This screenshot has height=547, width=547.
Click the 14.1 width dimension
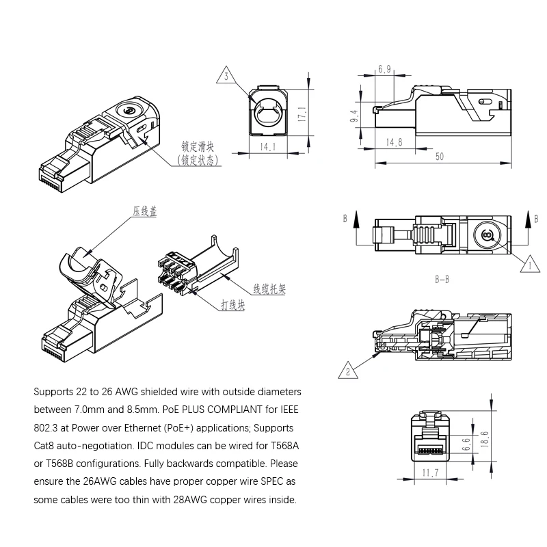(267, 146)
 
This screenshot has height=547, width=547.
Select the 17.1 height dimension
(302, 114)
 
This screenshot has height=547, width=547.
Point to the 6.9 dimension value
(384, 69)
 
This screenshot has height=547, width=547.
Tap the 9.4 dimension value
(353, 116)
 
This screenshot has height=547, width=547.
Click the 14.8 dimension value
(394, 142)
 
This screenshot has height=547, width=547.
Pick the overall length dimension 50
(440, 157)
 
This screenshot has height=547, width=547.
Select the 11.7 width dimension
(430, 473)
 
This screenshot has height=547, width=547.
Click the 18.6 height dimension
(485, 439)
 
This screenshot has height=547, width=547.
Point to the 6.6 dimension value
(466, 444)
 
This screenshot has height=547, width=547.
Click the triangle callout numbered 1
(530, 265)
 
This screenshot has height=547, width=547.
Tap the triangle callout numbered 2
(348, 371)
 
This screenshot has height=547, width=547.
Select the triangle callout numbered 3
(226, 76)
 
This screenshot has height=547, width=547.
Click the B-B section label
(442, 280)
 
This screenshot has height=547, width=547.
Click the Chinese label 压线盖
(144, 211)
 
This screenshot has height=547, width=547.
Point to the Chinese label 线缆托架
(269, 289)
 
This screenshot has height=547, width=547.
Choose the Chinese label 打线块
(232, 305)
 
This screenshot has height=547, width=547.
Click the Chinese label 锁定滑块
(198, 146)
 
